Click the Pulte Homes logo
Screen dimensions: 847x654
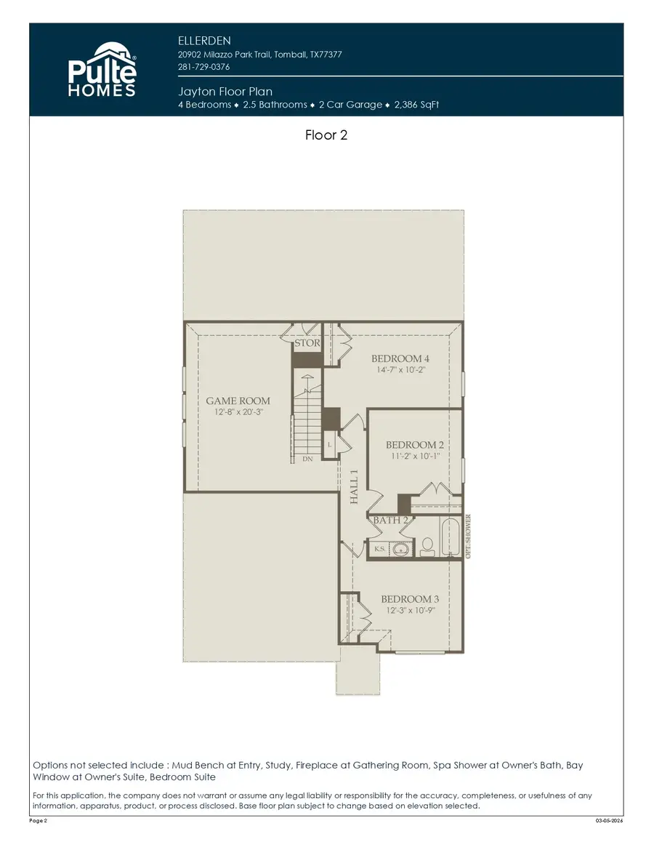pos(102,70)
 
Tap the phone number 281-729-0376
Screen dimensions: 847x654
pos(204,68)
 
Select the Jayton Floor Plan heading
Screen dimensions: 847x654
pos(225,92)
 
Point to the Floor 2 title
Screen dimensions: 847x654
pos(326,135)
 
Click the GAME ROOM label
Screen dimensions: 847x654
pos(238,401)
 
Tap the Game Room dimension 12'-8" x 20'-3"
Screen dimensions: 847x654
pos(238,412)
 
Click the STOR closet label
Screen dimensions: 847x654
pos(307,343)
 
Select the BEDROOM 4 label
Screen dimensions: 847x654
pos(400,358)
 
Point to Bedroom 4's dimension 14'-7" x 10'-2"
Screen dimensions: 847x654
pos(400,370)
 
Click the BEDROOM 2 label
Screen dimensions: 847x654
pos(415,445)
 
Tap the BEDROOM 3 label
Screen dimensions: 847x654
pos(410,599)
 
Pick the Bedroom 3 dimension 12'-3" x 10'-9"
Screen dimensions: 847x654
pos(410,611)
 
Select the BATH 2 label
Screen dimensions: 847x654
pos(391,521)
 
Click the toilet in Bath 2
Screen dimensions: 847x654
pos(427,546)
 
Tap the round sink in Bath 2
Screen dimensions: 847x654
pos(398,550)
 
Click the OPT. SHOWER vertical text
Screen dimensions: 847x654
pos(469,537)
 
